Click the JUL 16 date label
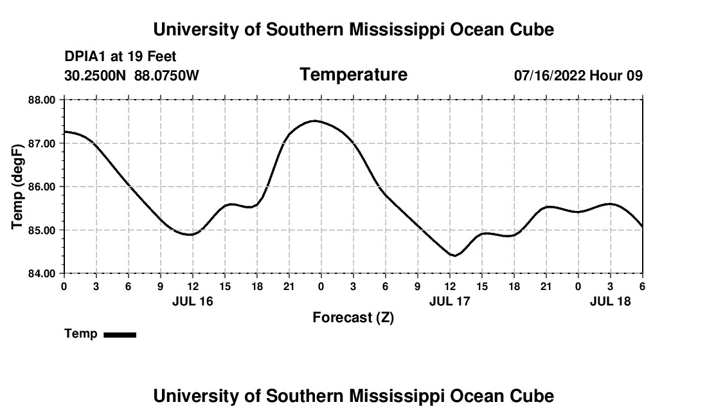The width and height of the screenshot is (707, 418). pos(192,301)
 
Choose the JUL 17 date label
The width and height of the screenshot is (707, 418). pos(449,301)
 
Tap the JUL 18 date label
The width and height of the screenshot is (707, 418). pos(610,301)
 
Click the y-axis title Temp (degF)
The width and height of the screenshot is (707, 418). pos(19,186)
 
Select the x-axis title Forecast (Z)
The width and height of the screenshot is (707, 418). pos(353,317)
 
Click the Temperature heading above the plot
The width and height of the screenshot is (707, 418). pos(353,75)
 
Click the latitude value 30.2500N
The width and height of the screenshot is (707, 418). pos(96,76)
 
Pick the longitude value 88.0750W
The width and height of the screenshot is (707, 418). pos(166,76)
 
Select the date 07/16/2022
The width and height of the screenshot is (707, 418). pos(550,76)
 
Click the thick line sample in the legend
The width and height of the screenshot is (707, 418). pos(120,334)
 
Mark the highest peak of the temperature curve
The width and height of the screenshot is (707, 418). pos(314,121)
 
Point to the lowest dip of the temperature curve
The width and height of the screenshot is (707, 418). pos(454,255)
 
